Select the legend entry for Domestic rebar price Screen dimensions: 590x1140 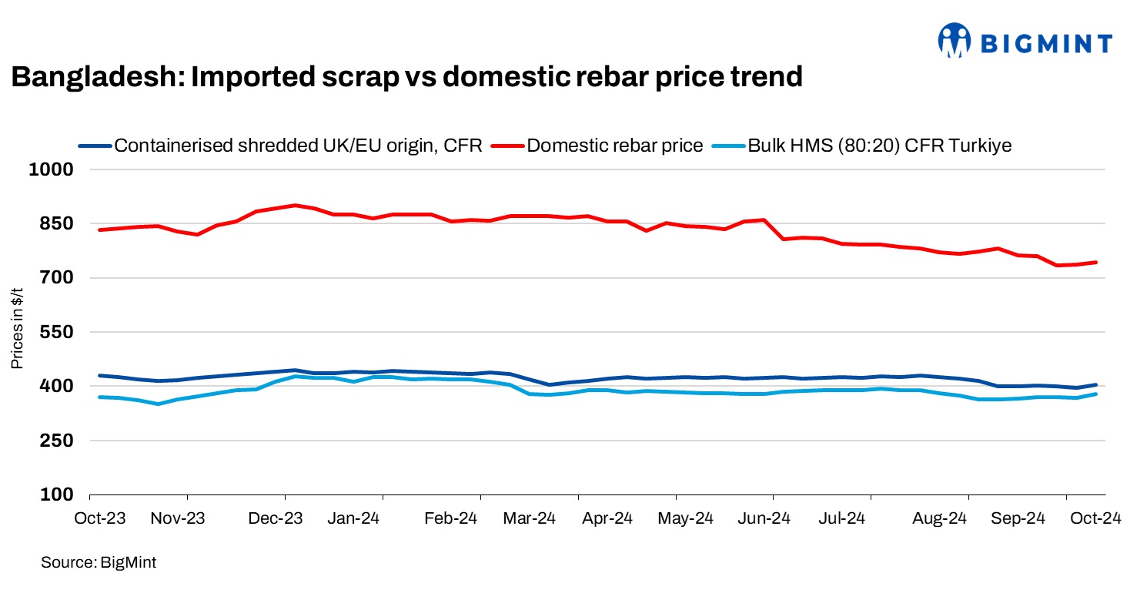[x=614, y=146]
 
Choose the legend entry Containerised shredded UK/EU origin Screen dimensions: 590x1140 [x=297, y=146]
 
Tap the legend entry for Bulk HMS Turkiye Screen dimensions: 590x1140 [x=879, y=146]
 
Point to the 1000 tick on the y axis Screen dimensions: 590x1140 [x=50, y=169]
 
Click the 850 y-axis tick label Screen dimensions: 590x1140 [x=55, y=223]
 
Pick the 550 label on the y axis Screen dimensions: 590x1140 [x=55, y=332]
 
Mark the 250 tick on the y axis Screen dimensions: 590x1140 [x=55, y=441]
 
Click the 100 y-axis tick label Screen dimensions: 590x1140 [x=55, y=494]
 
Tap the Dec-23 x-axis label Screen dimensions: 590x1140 [x=273, y=518]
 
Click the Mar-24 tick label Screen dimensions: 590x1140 [x=530, y=518]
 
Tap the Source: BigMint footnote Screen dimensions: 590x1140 [x=99, y=563]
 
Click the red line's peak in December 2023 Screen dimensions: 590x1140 [x=295, y=205]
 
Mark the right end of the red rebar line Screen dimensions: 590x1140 [x=1095, y=263]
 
